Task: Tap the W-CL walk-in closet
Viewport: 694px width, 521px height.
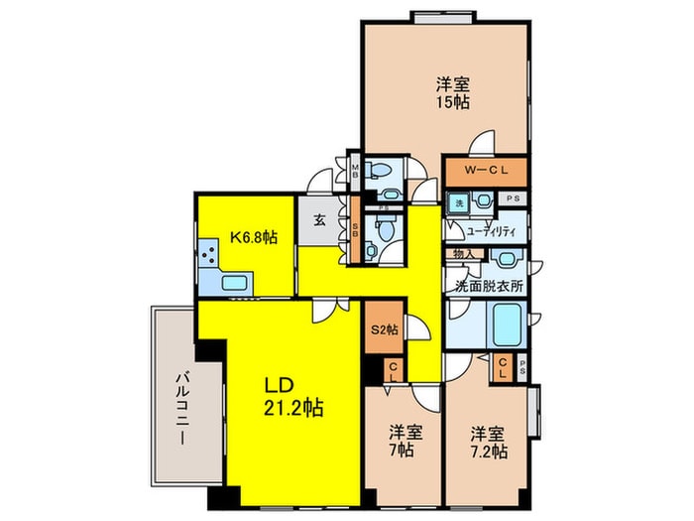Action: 486,171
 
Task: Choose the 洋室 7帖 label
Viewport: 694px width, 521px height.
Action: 401,441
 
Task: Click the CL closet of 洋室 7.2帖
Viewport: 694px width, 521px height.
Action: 504,368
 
